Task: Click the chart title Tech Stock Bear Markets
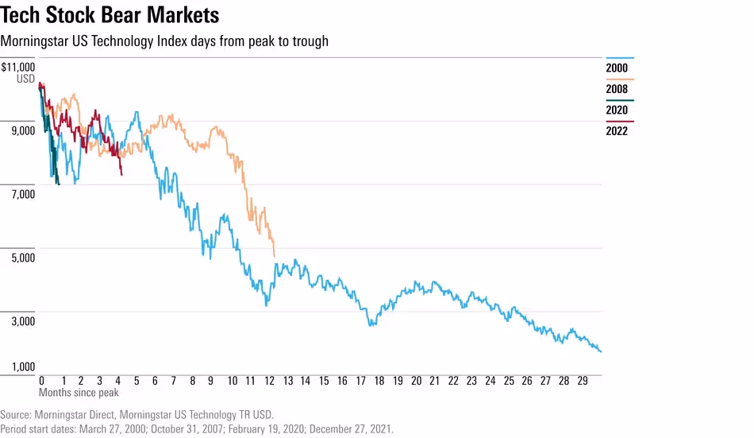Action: (110, 15)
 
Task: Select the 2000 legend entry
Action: (617, 68)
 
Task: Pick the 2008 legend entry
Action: (617, 89)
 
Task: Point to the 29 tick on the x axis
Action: (583, 381)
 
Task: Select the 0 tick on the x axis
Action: (41, 381)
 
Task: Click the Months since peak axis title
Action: (79, 392)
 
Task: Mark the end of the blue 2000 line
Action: (601, 351)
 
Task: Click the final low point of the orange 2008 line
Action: (275, 256)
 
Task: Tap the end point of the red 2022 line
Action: (121, 174)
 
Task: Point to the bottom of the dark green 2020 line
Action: (58, 184)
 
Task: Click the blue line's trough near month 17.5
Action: (370, 325)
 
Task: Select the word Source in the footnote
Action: (16, 415)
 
